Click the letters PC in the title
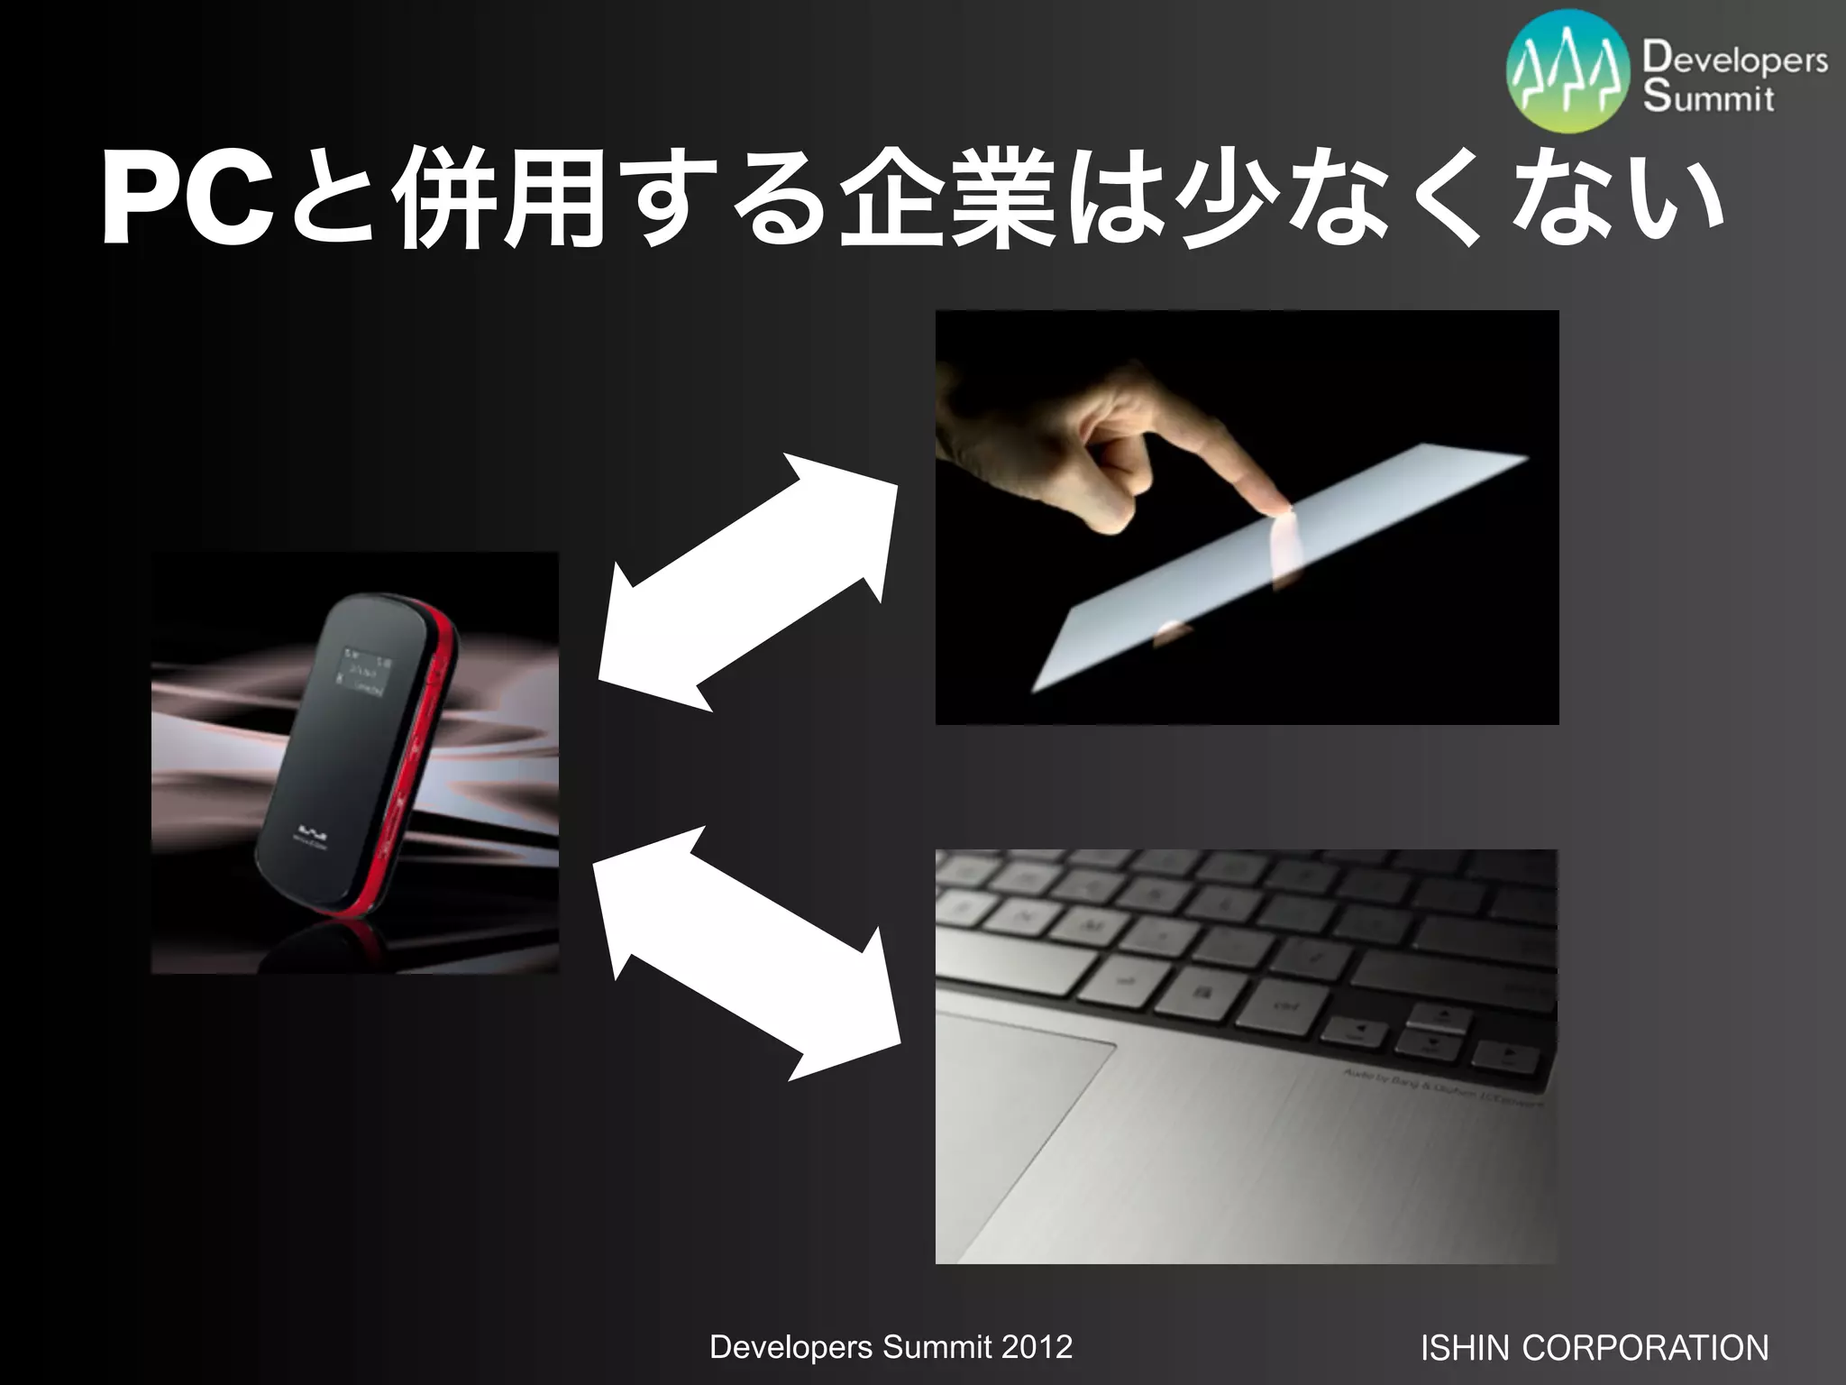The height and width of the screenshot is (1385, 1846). click(185, 200)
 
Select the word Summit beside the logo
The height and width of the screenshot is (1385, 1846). click(1708, 98)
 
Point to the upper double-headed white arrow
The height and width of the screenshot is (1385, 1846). click(748, 582)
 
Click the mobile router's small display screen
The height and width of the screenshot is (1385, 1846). click(364, 672)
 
